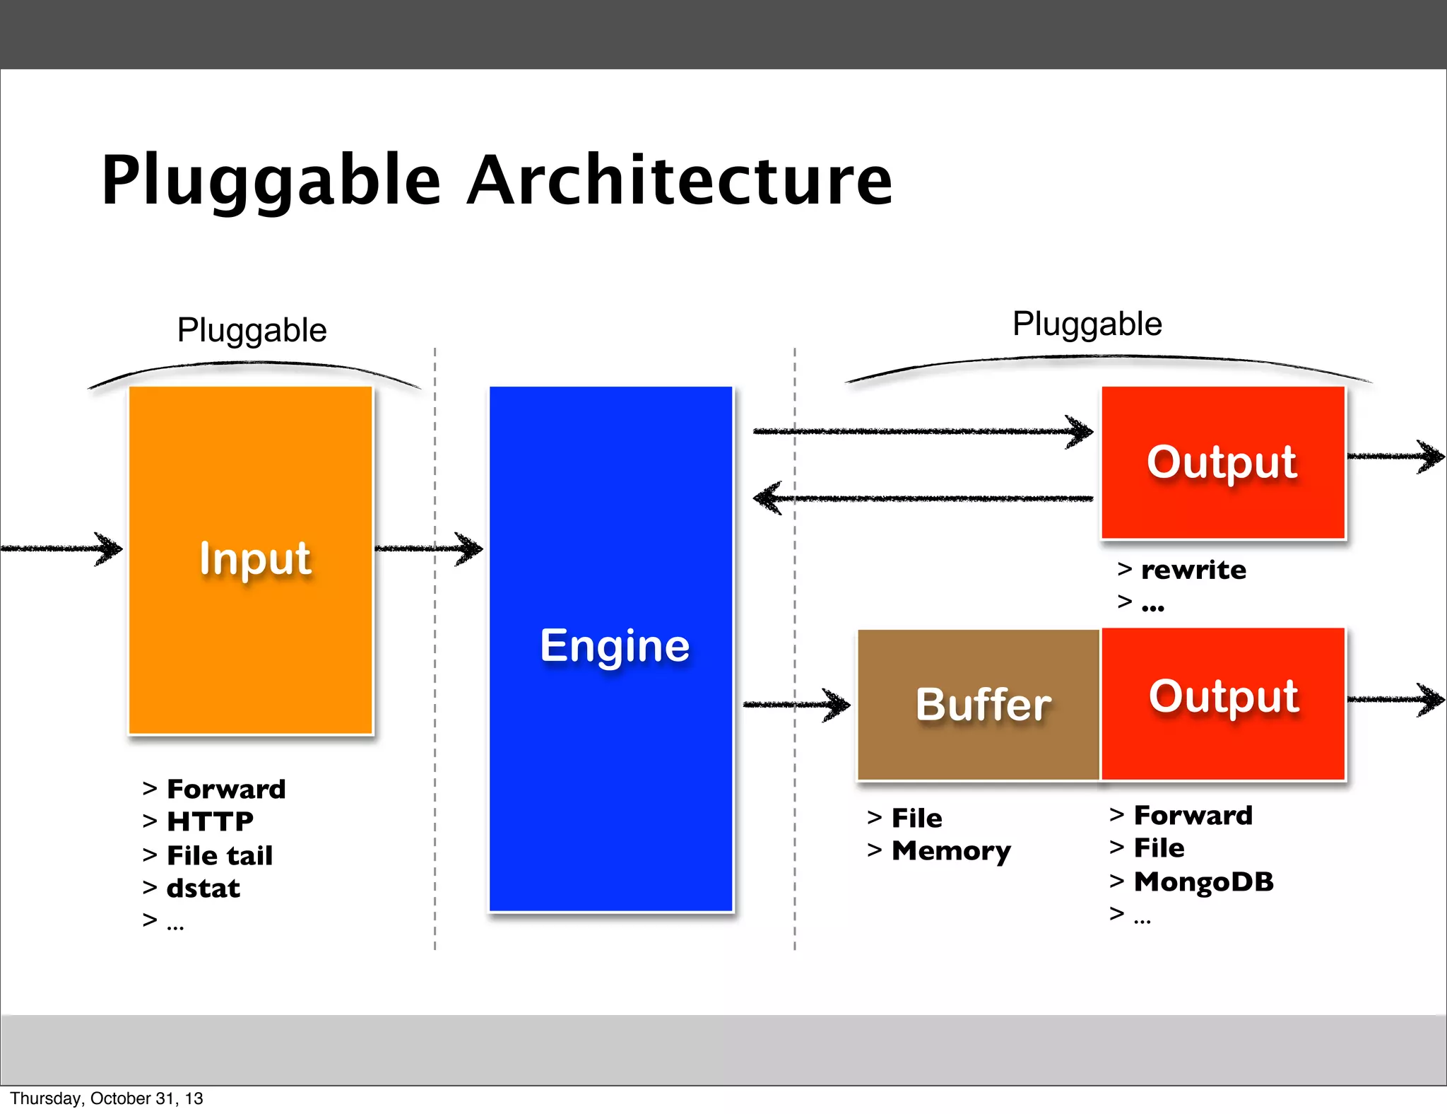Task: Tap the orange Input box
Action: click(x=251, y=560)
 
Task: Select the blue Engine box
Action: click(x=611, y=647)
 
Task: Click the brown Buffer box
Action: click(x=979, y=705)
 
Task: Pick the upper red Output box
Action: click(x=1223, y=462)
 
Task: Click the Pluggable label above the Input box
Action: click(x=252, y=330)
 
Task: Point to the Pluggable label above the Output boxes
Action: click(x=1087, y=324)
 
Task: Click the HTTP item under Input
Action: click(x=209, y=821)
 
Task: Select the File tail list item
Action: click(x=219, y=855)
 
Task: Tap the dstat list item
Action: click(x=203, y=889)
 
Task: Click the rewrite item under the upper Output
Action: click(x=1193, y=570)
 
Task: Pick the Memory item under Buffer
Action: click(x=950, y=851)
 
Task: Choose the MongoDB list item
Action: click(x=1203, y=881)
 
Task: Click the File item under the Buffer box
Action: click(x=916, y=819)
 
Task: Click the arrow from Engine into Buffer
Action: click(x=796, y=704)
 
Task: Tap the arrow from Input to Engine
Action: click(x=428, y=548)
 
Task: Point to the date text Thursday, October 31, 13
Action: click(x=106, y=1098)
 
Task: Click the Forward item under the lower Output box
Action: click(x=1193, y=816)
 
